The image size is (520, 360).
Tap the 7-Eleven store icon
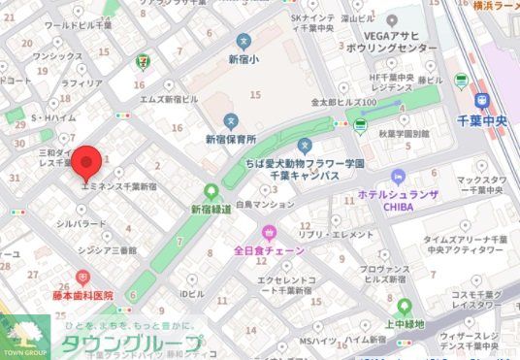coord(144,59)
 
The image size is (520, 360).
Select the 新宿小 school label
coord(244,58)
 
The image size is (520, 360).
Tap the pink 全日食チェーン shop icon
coord(269,232)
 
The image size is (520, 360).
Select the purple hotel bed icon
coord(397,176)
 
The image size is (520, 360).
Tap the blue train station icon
coord(482,100)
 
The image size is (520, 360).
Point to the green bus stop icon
coord(360,124)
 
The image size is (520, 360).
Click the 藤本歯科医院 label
coord(83,295)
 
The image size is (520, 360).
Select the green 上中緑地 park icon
coord(404,305)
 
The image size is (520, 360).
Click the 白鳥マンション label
coord(264,206)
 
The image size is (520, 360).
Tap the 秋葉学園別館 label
coord(404,135)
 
